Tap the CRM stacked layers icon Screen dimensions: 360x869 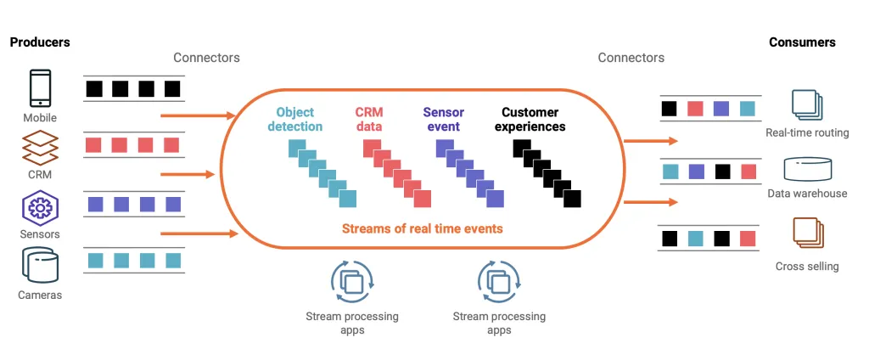[40, 148]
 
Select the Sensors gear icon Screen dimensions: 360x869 [40, 206]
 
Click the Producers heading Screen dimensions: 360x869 [40, 42]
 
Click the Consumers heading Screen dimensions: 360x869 [802, 42]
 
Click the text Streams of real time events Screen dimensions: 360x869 [422, 228]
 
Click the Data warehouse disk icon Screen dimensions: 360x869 [807, 168]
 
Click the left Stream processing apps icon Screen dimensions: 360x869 [351, 281]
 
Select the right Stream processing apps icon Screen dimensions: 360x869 [499, 281]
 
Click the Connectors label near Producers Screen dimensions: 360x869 [206, 58]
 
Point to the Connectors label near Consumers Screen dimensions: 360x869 [631, 58]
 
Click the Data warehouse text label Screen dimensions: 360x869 [807, 194]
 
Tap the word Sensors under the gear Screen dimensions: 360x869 [40, 233]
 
